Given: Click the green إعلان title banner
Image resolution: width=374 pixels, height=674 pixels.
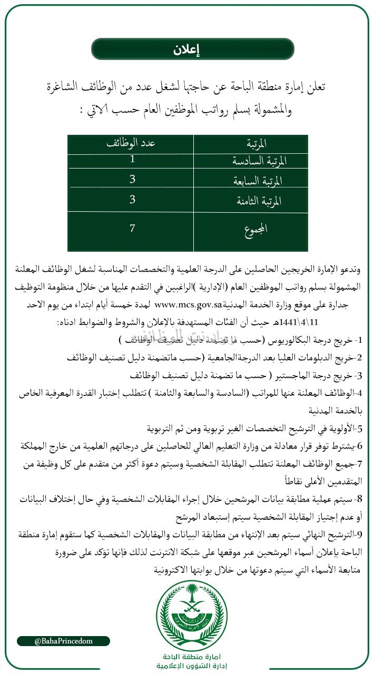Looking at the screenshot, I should coord(192,49).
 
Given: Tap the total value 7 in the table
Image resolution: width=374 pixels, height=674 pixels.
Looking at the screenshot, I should coord(133,229).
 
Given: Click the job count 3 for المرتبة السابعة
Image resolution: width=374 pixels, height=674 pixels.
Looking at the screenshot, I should coord(133,180).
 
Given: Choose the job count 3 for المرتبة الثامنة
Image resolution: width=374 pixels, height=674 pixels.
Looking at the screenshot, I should coord(133,200).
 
